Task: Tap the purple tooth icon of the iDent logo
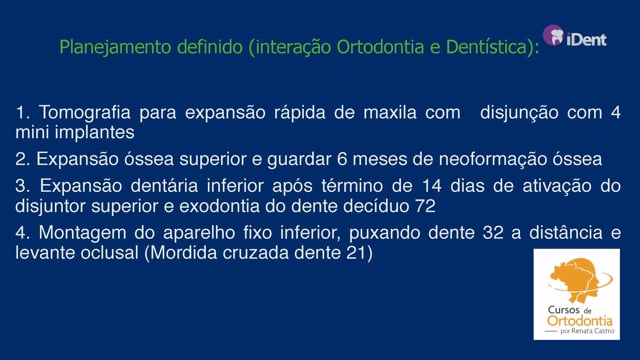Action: [553, 35]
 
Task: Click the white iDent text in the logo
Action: [587, 39]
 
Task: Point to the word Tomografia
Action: [85, 112]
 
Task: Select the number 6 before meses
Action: [342, 159]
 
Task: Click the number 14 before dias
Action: [432, 186]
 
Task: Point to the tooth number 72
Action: [425, 206]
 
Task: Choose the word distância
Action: [566, 233]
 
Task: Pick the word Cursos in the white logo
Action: [563, 310]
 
